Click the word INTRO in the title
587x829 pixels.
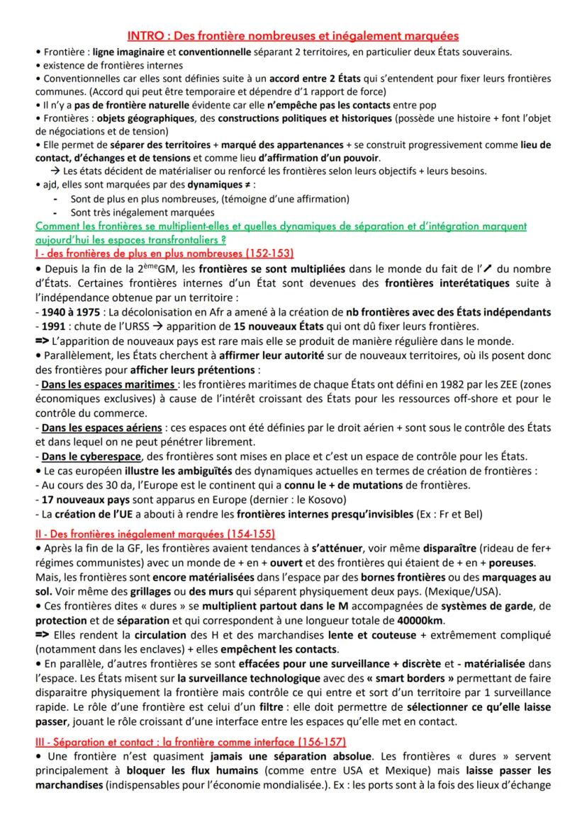tap(142, 35)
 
